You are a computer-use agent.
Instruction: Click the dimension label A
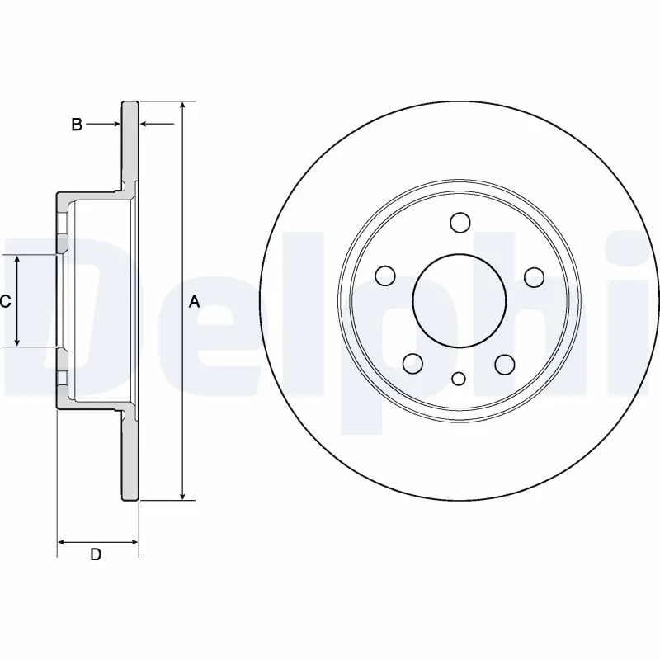[194, 302]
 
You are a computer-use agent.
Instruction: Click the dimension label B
[76, 125]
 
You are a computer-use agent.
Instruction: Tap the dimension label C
[5, 302]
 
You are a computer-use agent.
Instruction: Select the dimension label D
[96, 555]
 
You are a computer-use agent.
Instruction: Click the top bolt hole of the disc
[460, 222]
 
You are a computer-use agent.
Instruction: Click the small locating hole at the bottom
[460, 379]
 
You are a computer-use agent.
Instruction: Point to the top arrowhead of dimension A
[183, 106]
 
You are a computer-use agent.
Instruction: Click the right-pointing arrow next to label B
[115, 125]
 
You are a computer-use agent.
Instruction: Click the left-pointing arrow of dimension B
[144, 125]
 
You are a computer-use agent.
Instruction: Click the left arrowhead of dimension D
[62, 542]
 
